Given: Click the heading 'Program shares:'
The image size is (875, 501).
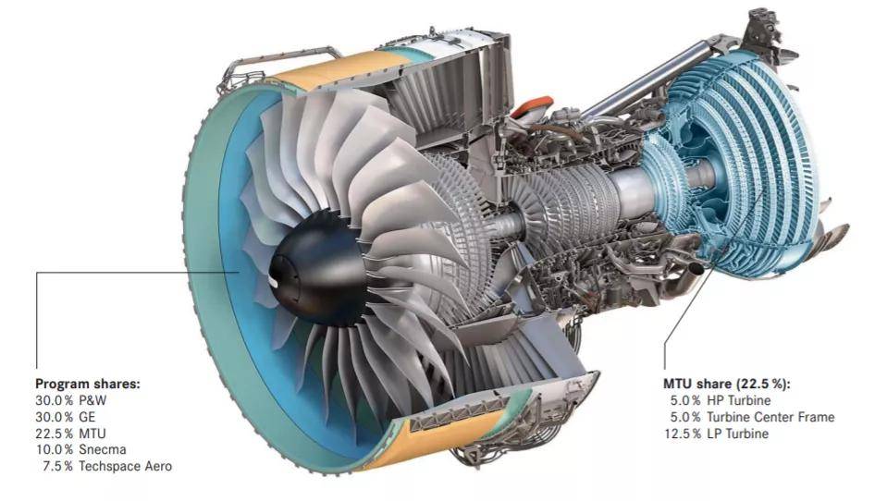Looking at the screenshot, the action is pyautogui.click(x=88, y=384).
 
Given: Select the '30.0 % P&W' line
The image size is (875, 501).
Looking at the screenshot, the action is pyautogui.click(x=71, y=400).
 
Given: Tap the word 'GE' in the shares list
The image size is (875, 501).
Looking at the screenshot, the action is pyautogui.click(x=87, y=417).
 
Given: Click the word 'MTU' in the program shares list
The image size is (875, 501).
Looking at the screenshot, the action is pyautogui.click(x=92, y=434).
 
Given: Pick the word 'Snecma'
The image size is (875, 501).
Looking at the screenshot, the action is pyautogui.click(x=103, y=449).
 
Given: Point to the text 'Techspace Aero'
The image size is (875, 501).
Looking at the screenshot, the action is pyautogui.click(x=126, y=467).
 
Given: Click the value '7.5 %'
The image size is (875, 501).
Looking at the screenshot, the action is pyautogui.click(x=57, y=467).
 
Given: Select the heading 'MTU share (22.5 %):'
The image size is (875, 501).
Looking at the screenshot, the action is pyautogui.click(x=727, y=384).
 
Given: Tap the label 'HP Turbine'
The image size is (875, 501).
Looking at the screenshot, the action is pyautogui.click(x=739, y=400).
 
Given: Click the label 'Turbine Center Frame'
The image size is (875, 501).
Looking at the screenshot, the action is pyautogui.click(x=770, y=417).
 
